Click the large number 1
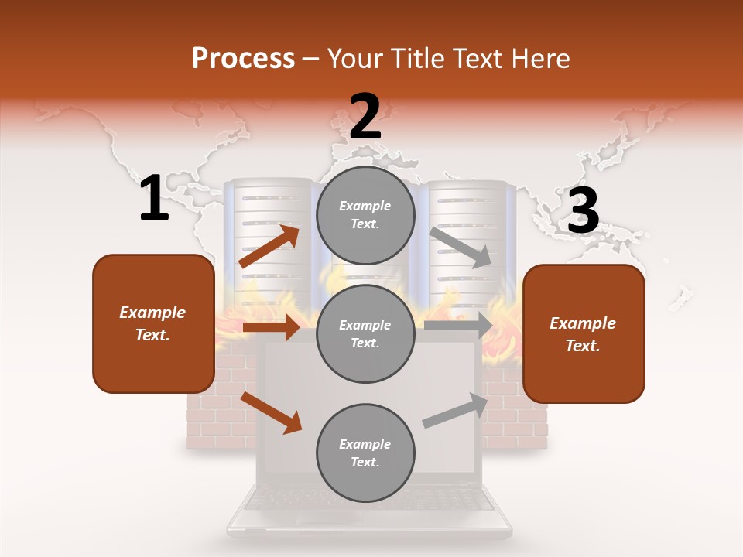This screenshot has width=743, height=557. [x=154, y=199]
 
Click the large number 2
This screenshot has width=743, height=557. [x=365, y=117]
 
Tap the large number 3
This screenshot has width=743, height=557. [x=584, y=211]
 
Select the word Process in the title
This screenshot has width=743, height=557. [x=243, y=58]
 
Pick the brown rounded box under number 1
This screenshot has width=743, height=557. [x=153, y=323]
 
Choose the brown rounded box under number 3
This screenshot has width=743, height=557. [x=584, y=334]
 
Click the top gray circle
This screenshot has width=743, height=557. [x=365, y=215]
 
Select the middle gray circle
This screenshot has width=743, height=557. [x=365, y=334]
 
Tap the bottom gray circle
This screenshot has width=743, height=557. [x=365, y=453]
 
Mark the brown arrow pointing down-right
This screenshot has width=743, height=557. [x=271, y=412]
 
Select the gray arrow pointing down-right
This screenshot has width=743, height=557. [x=461, y=247]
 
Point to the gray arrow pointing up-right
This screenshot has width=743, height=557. [x=456, y=411]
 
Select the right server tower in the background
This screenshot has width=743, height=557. [x=468, y=232]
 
